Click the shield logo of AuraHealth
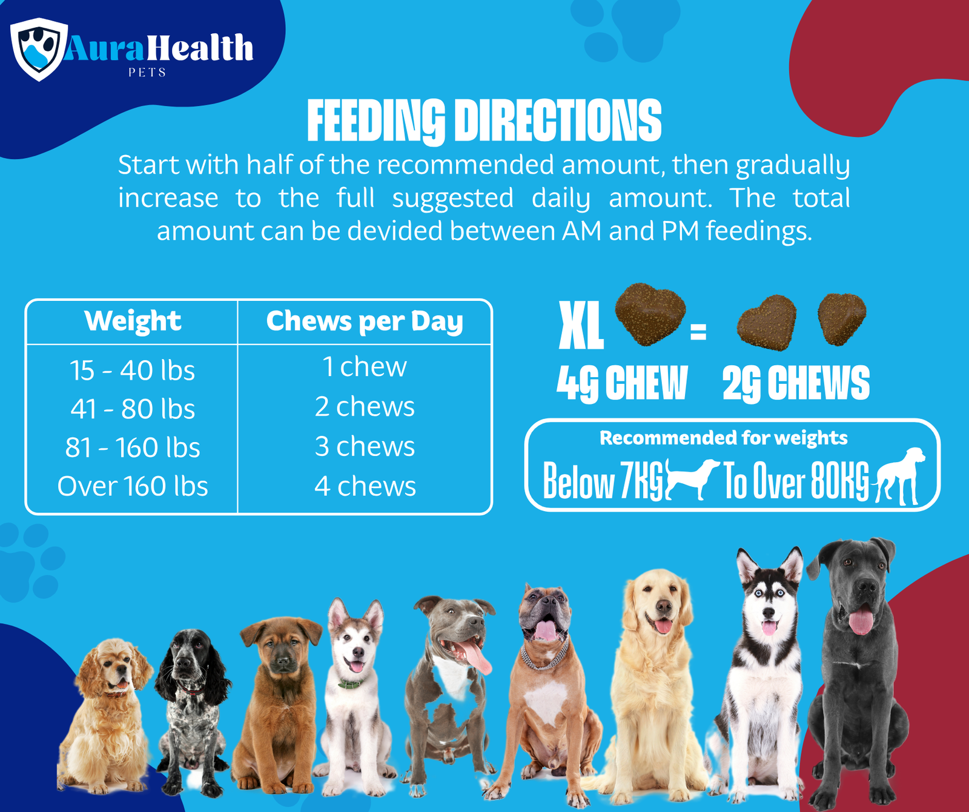[x=39, y=48]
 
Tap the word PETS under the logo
[x=147, y=73]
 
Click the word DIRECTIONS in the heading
[x=557, y=121]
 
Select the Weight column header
[x=133, y=321]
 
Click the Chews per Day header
[x=365, y=321]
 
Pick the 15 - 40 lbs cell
[x=133, y=370]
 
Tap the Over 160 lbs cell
[x=133, y=486]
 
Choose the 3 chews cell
[x=365, y=447]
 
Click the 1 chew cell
[x=365, y=367]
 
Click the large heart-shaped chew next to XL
[x=650, y=314]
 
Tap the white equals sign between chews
[x=698, y=332]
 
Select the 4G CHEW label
[x=622, y=383]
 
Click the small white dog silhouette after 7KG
[x=693, y=477]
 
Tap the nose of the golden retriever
[x=664, y=607]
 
